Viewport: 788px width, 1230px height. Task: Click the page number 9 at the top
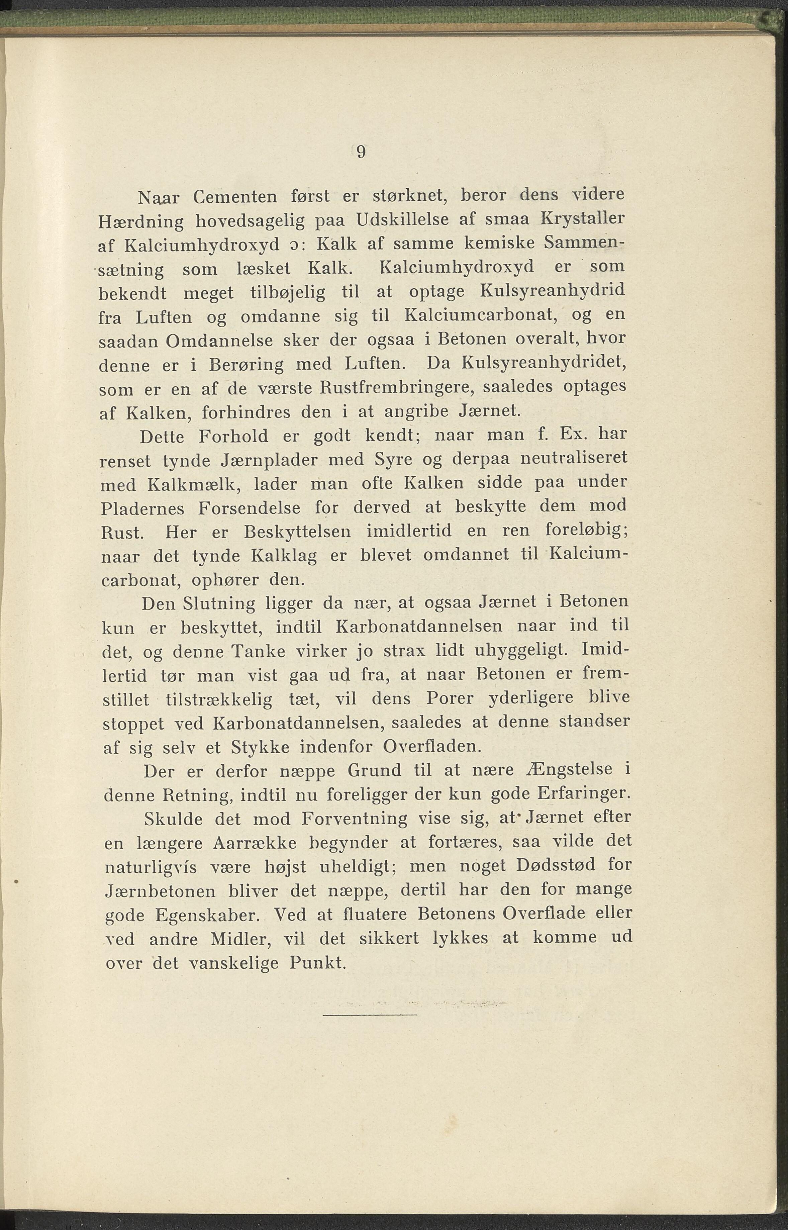click(x=361, y=152)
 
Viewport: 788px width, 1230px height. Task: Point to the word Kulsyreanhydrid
click(x=553, y=291)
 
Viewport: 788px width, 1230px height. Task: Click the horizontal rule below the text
click(x=371, y=1015)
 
